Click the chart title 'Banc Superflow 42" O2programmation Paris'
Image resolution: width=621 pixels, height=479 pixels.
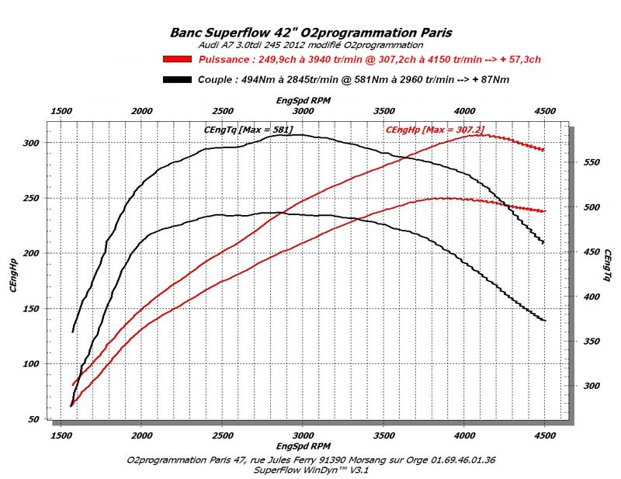click(x=310, y=33)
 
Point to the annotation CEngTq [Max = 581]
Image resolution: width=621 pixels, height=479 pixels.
click(x=248, y=129)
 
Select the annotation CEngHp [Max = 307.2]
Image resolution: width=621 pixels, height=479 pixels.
click(x=428, y=129)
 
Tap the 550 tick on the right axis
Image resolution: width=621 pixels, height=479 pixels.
click(x=592, y=162)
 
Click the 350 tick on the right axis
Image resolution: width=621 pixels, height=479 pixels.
click(x=592, y=342)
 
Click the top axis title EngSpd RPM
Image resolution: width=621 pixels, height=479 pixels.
click(x=303, y=101)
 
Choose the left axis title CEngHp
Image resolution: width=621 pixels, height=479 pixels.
click(x=13, y=276)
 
